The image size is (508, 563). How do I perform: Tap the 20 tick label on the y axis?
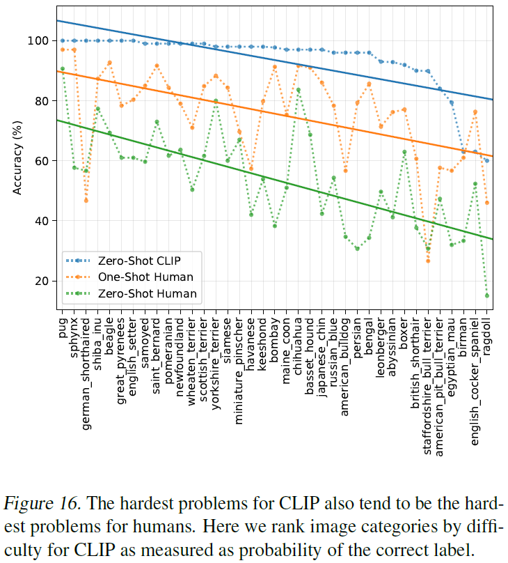click(42, 281)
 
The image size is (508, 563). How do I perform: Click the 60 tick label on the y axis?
click(42, 161)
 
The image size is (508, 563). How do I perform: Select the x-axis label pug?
click(63, 328)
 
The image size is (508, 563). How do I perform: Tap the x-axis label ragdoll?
click(486, 336)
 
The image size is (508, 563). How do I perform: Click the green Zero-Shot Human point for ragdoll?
click(486, 295)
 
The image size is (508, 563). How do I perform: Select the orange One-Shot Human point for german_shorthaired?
click(86, 200)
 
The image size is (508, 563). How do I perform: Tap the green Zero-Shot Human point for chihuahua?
click(298, 90)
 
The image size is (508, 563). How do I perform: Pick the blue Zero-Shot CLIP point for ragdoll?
click(486, 160)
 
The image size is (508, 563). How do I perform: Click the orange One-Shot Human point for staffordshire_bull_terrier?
click(427, 261)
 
